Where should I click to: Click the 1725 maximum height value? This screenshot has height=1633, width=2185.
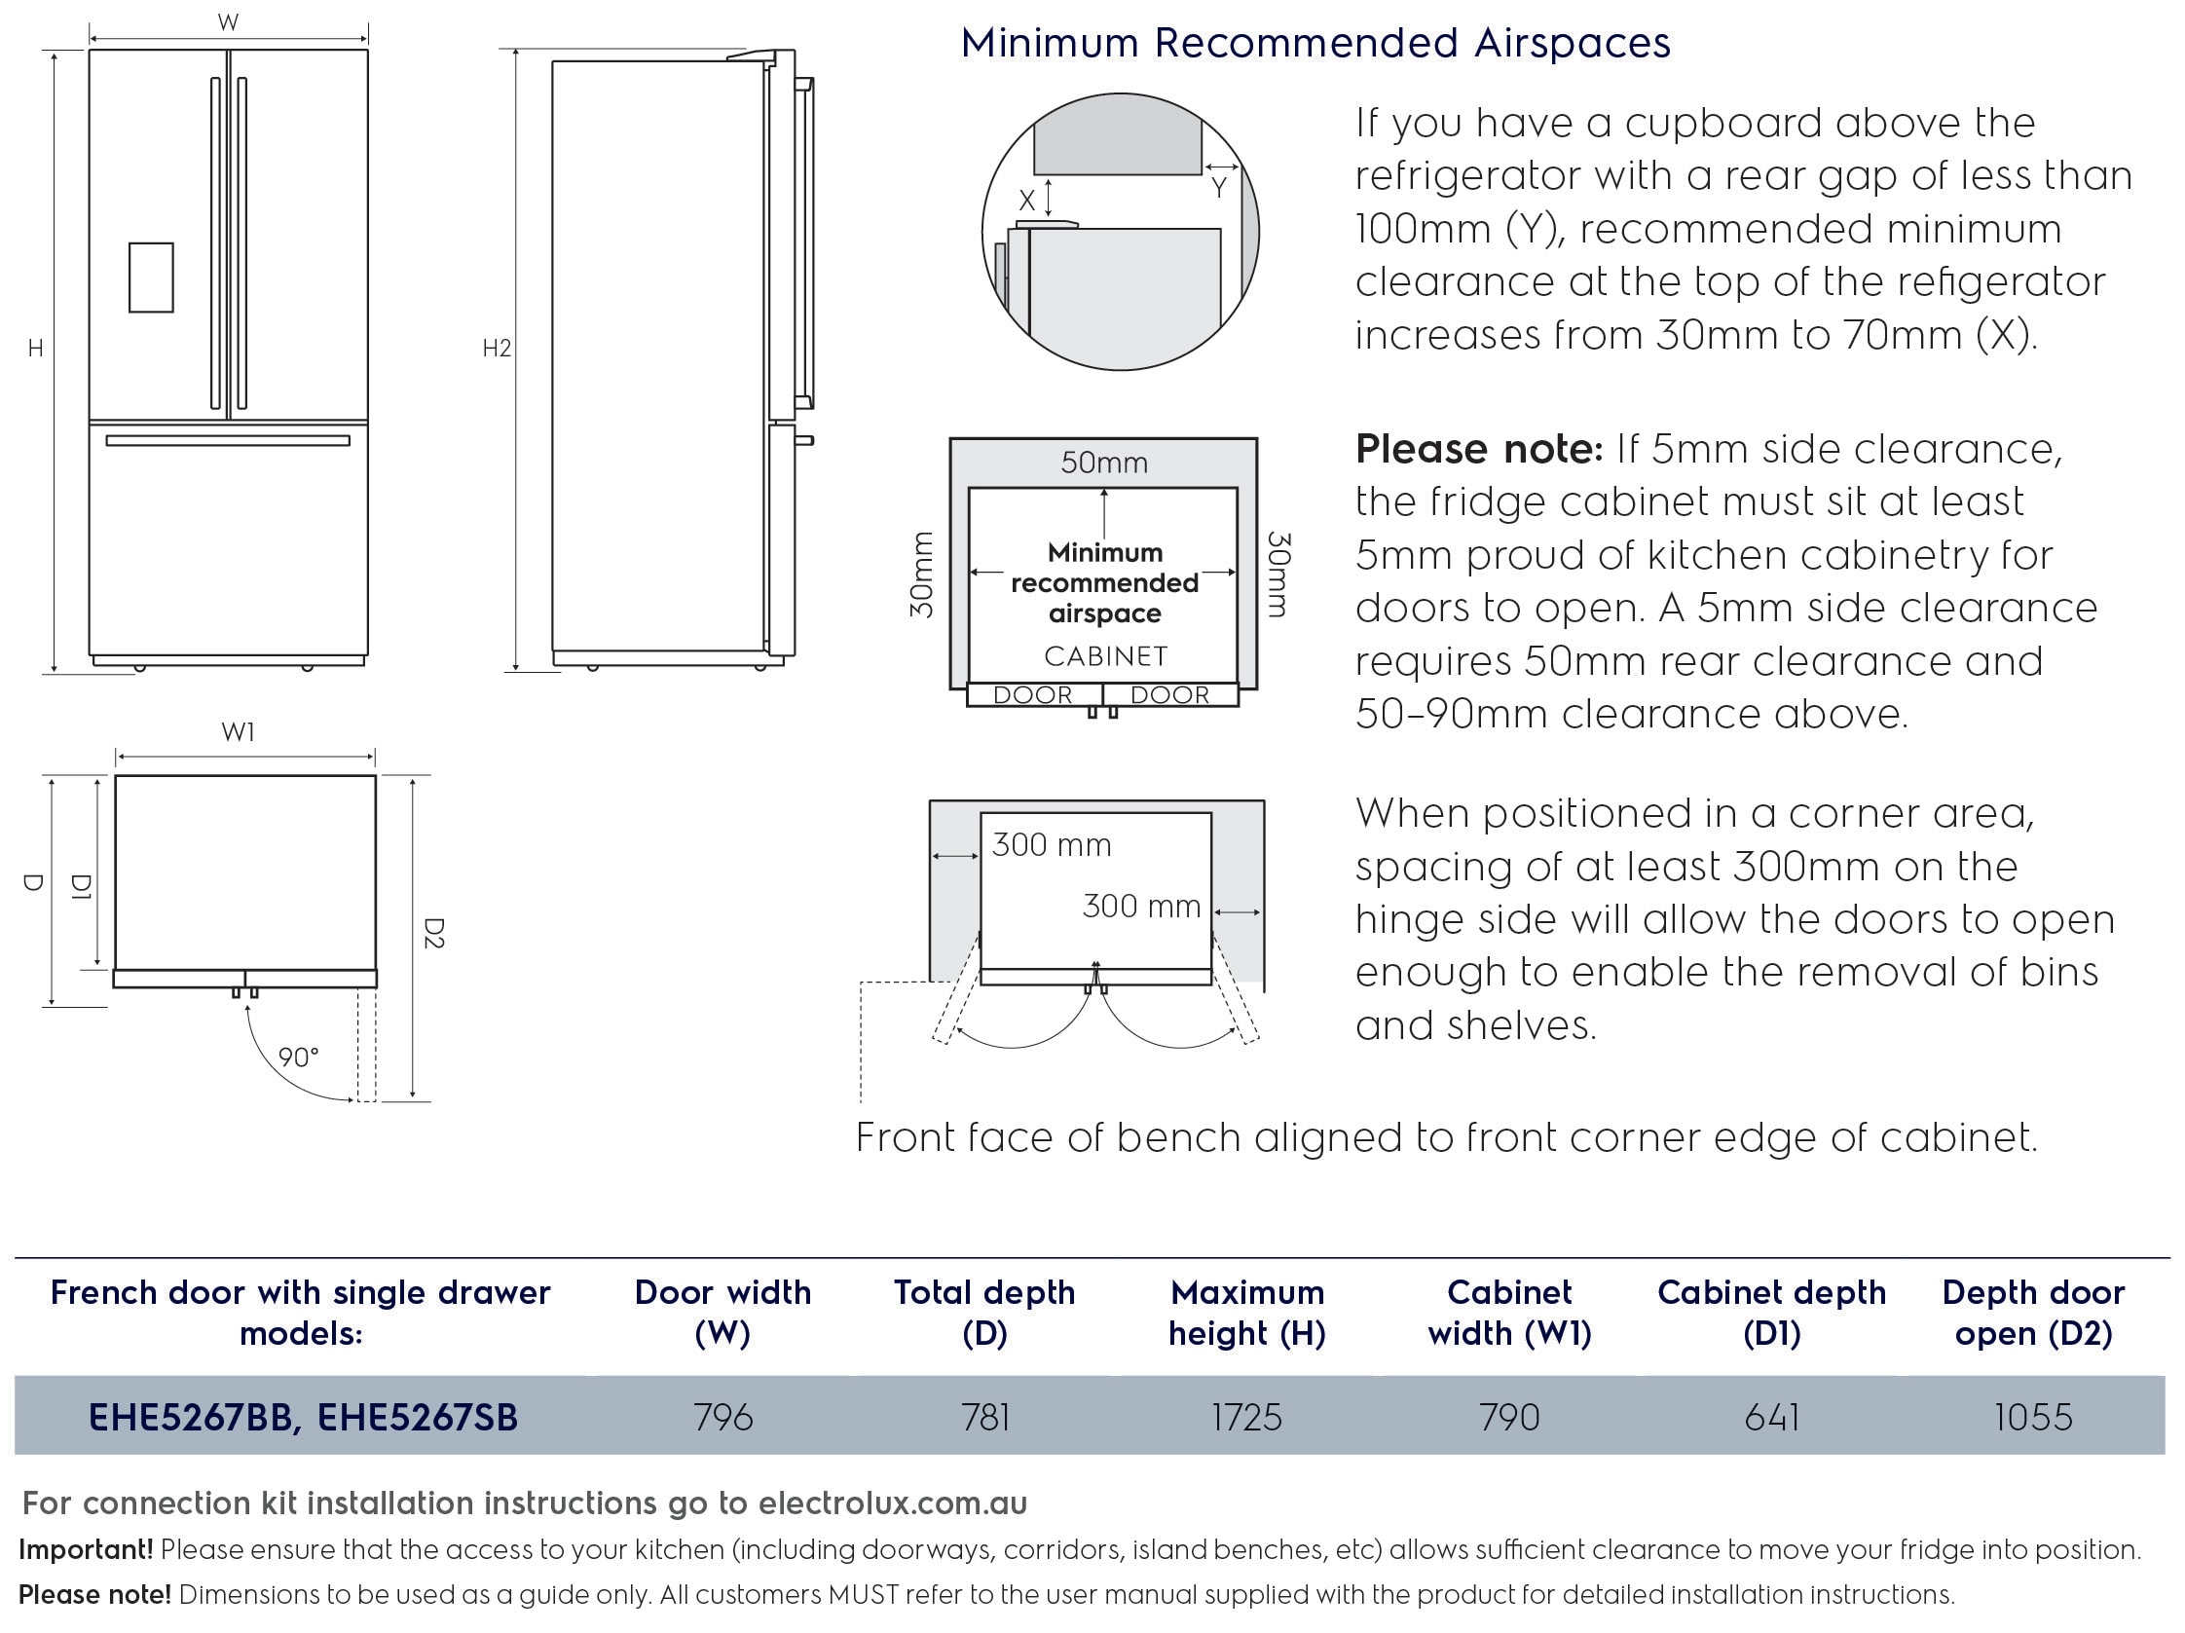pos(1246,1417)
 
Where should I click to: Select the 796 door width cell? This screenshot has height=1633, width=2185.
pos(723,1417)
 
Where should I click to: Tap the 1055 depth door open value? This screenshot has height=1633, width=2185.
pos(2033,1417)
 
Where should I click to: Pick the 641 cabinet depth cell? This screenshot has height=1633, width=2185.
pos(1771,1417)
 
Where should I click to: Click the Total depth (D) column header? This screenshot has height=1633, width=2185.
pos(983,1312)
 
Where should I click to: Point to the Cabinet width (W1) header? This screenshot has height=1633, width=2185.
pos(1509,1312)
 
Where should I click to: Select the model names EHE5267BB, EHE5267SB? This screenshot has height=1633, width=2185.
pos(302,1417)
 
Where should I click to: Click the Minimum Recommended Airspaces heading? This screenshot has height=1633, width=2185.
pos(1315,44)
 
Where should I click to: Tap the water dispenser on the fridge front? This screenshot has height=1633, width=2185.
pos(151,278)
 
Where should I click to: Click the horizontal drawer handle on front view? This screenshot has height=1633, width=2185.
pos(227,440)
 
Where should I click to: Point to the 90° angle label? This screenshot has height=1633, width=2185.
pos(298,1058)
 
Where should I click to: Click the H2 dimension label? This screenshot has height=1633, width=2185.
pos(496,348)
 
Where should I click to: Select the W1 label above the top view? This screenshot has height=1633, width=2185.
pos(238,732)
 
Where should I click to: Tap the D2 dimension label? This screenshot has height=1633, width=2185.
pos(432,934)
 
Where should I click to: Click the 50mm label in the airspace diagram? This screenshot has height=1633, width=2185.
pos(1103,463)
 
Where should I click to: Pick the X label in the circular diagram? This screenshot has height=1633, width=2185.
pos(1027,201)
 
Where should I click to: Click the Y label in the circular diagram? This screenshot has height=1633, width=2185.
pos(1219,188)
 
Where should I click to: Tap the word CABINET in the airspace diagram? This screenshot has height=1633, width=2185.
pos(1105,656)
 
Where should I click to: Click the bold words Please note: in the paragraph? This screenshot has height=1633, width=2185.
pos(1479,450)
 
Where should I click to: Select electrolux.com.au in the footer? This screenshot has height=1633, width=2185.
pos(892,1503)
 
